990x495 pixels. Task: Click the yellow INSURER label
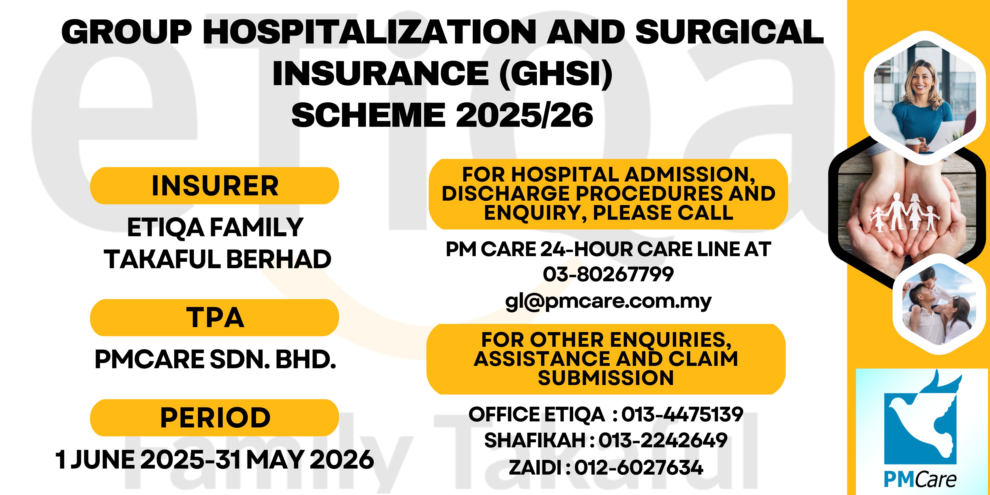point(214,186)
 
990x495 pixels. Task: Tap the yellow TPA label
point(214,317)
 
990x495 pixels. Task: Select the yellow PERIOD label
point(214,417)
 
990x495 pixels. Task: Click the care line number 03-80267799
point(608,274)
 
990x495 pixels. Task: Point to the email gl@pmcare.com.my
point(608,301)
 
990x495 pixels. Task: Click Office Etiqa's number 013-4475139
point(682,414)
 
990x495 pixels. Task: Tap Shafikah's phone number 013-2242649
point(663,440)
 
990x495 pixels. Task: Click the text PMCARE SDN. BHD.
point(215,359)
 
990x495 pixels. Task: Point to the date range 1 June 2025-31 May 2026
point(214,459)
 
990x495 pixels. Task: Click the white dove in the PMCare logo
point(922,419)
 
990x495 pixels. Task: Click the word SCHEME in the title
point(368,115)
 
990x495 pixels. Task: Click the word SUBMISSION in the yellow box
point(606,378)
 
